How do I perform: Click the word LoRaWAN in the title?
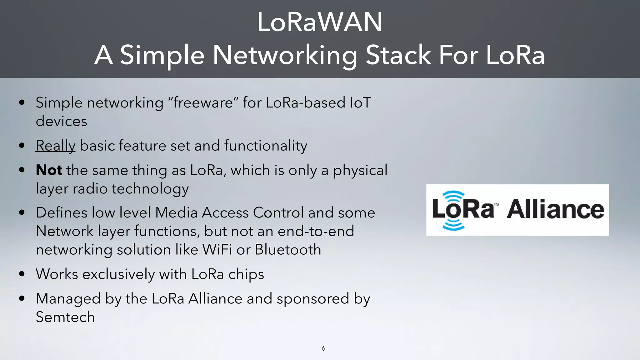pos(320,22)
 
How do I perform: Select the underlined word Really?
pos(56,146)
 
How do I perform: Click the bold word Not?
pos(49,170)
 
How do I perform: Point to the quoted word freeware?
pos(203,103)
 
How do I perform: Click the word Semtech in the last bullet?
pos(65,317)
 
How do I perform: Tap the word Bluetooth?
pos(288,250)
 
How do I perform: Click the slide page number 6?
pos(323,348)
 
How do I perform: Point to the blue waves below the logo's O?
pos(453,225)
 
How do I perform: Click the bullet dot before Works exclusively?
pos(22,274)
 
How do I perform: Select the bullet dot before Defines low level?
pos(22,213)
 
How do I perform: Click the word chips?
pos(246,274)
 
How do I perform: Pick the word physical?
pos(360,171)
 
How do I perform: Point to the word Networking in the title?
pos(285,56)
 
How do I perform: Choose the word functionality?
pos(266,146)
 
